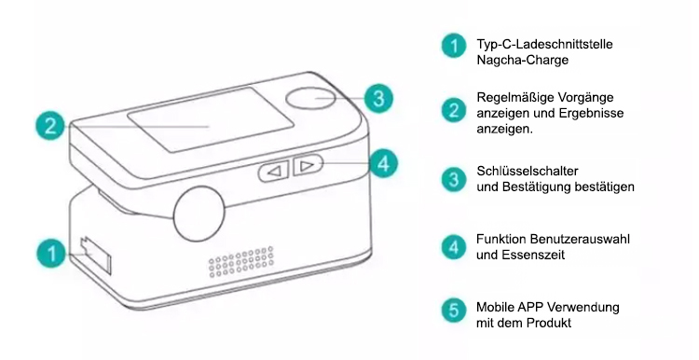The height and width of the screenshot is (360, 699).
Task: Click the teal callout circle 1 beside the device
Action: pos(51,254)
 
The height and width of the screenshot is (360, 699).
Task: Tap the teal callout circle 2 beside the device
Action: pos(50,126)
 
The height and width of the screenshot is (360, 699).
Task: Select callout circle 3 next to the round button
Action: pos(378,98)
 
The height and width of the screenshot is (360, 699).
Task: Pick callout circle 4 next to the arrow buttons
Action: pos(383,164)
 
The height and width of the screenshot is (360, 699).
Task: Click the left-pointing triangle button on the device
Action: pos(274,172)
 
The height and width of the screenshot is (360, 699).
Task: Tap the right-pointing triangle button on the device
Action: pos(307,166)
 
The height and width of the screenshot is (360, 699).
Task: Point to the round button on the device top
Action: pos(310,99)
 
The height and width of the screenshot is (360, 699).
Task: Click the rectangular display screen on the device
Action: pos(210,120)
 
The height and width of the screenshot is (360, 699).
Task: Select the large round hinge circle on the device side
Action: pos(199,214)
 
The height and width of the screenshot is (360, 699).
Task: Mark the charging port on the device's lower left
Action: pos(95,256)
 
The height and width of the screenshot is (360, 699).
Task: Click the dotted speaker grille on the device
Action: pos(241,262)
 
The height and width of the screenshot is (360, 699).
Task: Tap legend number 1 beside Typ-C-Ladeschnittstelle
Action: pos(454,46)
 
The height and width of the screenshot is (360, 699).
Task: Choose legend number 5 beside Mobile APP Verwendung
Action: pos(454,310)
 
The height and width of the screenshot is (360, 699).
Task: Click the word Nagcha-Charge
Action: pos(523,60)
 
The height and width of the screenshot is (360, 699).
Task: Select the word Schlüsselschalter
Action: pos(528,171)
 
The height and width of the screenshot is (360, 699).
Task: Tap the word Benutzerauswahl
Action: pos(580,239)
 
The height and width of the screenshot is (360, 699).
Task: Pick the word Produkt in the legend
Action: pos(549,323)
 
